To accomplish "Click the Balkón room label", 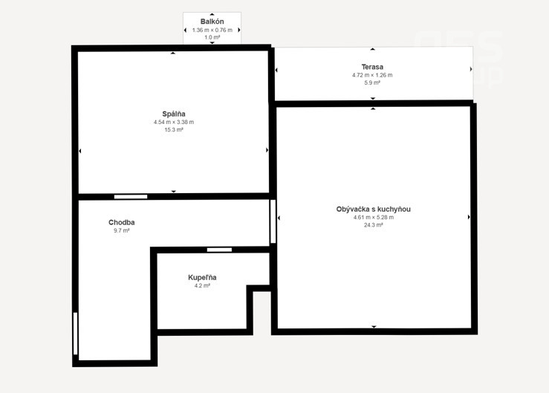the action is [212, 22].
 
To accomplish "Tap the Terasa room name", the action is [372, 67].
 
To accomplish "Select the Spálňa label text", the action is [174, 114].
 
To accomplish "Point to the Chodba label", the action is [122, 222].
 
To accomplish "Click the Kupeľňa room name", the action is [202, 277].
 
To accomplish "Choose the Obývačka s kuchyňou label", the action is [373, 209].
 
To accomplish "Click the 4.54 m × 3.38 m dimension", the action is [174, 122].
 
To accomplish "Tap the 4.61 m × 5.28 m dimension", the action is [373, 217].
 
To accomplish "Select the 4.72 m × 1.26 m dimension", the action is [372, 75].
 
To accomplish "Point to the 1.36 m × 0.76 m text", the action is [212, 30].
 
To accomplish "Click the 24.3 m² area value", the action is [373, 225].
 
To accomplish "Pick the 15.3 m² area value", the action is [174, 129].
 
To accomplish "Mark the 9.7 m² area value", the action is [122, 230].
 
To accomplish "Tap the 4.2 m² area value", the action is [202, 285].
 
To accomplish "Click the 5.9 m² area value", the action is [372, 82].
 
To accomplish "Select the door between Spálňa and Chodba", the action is [131, 197].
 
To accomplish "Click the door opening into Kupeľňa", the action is [219, 250].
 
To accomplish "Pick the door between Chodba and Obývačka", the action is [273, 221].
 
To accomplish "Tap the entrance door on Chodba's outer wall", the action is [75, 334].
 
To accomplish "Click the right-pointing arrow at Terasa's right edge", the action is [471, 69].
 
